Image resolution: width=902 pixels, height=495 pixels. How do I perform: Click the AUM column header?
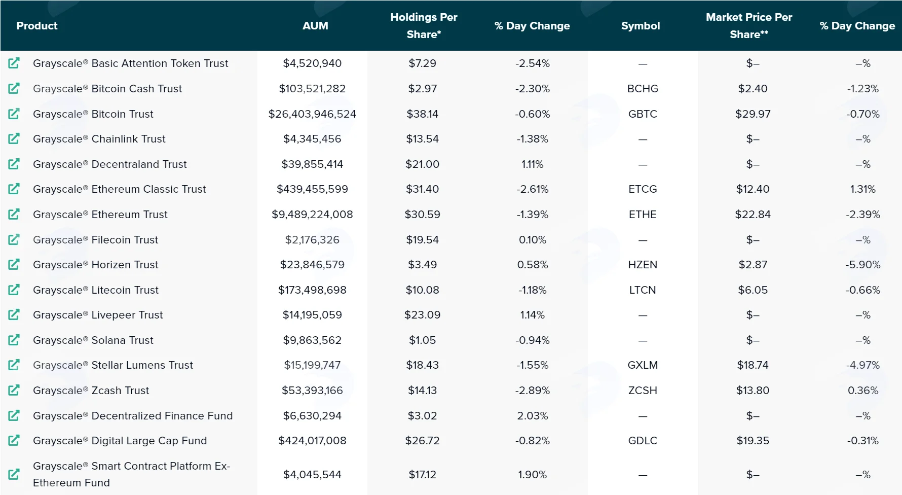click(x=315, y=26)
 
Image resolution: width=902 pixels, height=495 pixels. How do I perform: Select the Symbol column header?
click(x=641, y=26)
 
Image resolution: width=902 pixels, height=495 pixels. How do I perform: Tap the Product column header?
click(x=37, y=26)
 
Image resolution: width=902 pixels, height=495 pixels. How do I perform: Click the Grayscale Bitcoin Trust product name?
click(x=93, y=114)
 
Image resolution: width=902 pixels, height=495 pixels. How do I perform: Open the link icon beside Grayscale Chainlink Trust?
click(x=14, y=138)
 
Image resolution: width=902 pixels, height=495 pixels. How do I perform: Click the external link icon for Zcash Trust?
click(x=14, y=390)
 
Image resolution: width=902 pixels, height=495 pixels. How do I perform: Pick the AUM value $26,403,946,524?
click(x=312, y=114)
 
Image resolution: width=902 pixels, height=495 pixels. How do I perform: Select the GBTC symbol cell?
click(x=643, y=114)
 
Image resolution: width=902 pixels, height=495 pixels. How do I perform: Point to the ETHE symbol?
click(x=643, y=215)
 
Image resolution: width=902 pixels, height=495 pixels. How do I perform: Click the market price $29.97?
click(x=753, y=114)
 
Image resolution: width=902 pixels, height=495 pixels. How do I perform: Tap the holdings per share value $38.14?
click(x=423, y=114)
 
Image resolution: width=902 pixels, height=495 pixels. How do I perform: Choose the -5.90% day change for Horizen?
click(x=863, y=265)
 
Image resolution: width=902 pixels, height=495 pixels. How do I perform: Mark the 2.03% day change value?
click(x=533, y=416)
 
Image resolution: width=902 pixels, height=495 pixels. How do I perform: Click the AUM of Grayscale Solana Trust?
click(x=312, y=340)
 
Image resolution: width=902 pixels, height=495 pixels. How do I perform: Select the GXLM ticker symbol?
click(x=643, y=365)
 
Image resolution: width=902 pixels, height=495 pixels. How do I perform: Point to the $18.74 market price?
click(x=753, y=365)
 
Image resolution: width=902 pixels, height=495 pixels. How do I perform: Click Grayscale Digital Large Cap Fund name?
click(x=120, y=441)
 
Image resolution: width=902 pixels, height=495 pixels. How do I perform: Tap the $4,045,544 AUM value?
click(x=312, y=475)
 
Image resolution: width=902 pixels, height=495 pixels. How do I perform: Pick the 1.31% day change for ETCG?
click(x=863, y=189)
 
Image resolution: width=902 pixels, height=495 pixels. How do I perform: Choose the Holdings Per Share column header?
click(x=424, y=26)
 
